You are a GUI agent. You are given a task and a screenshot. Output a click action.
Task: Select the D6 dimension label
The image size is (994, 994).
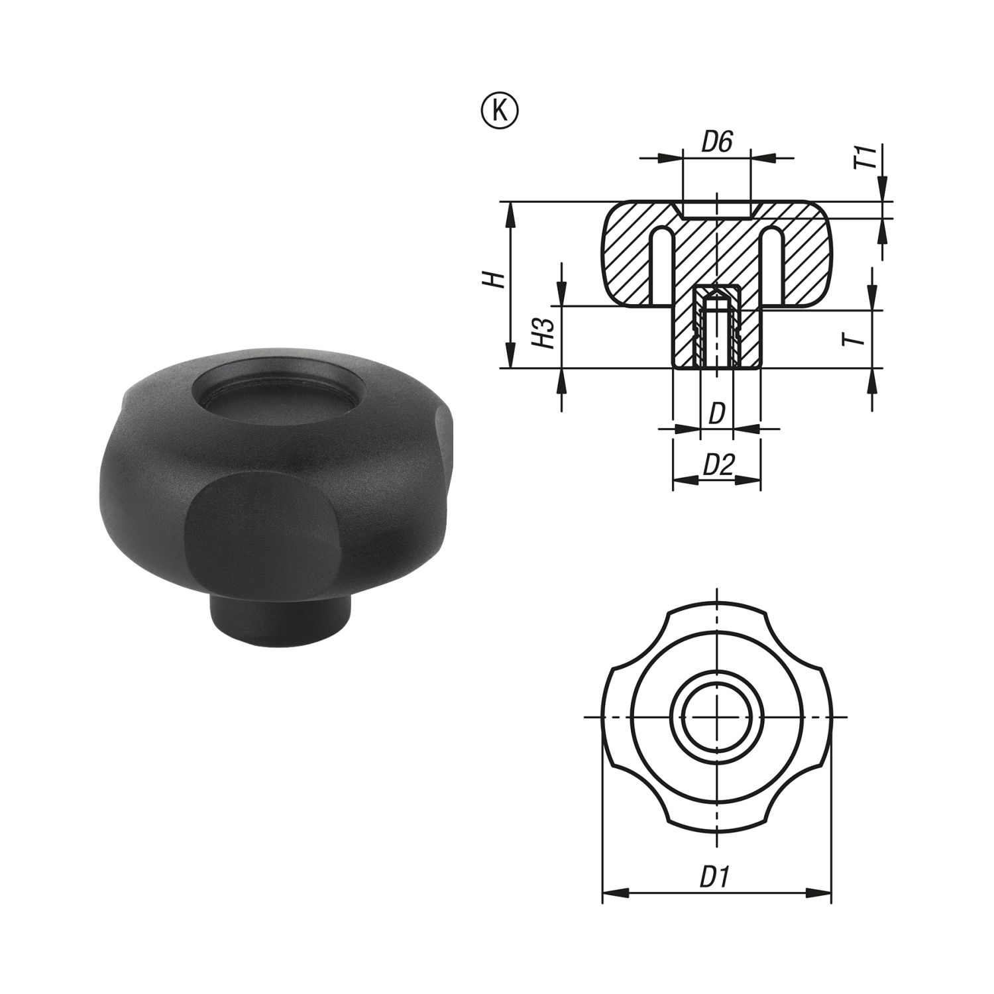[x=716, y=142]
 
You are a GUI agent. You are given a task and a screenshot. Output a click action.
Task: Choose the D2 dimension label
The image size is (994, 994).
[x=718, y=466]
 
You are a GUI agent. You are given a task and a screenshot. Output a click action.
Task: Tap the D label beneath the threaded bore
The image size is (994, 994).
[x=716, y=415]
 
